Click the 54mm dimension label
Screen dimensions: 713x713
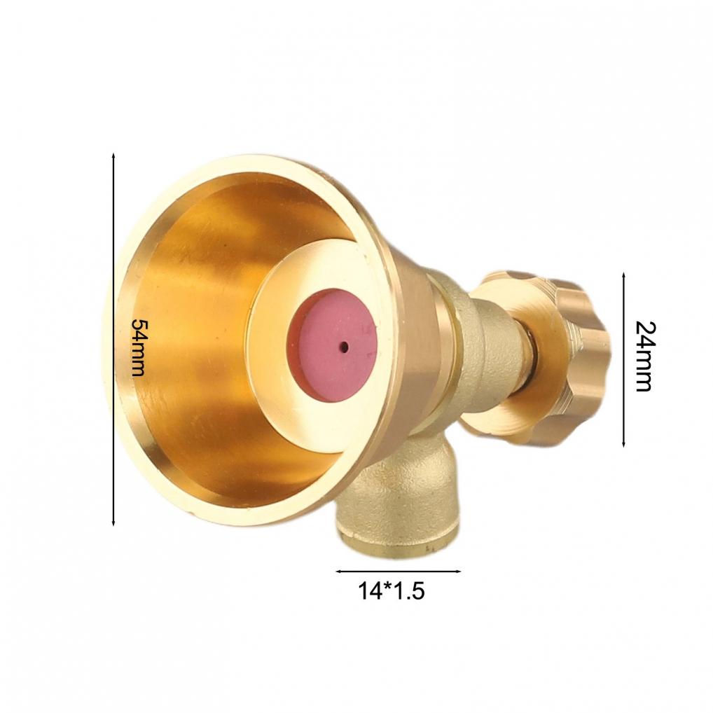tap(138, 347)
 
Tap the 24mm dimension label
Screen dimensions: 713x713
tap(643, 356)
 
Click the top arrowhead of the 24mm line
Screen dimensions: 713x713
tap(623, 275)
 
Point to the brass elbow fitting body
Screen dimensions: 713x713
tap(406, 490)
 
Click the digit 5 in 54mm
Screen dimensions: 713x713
tap(138, 327)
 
